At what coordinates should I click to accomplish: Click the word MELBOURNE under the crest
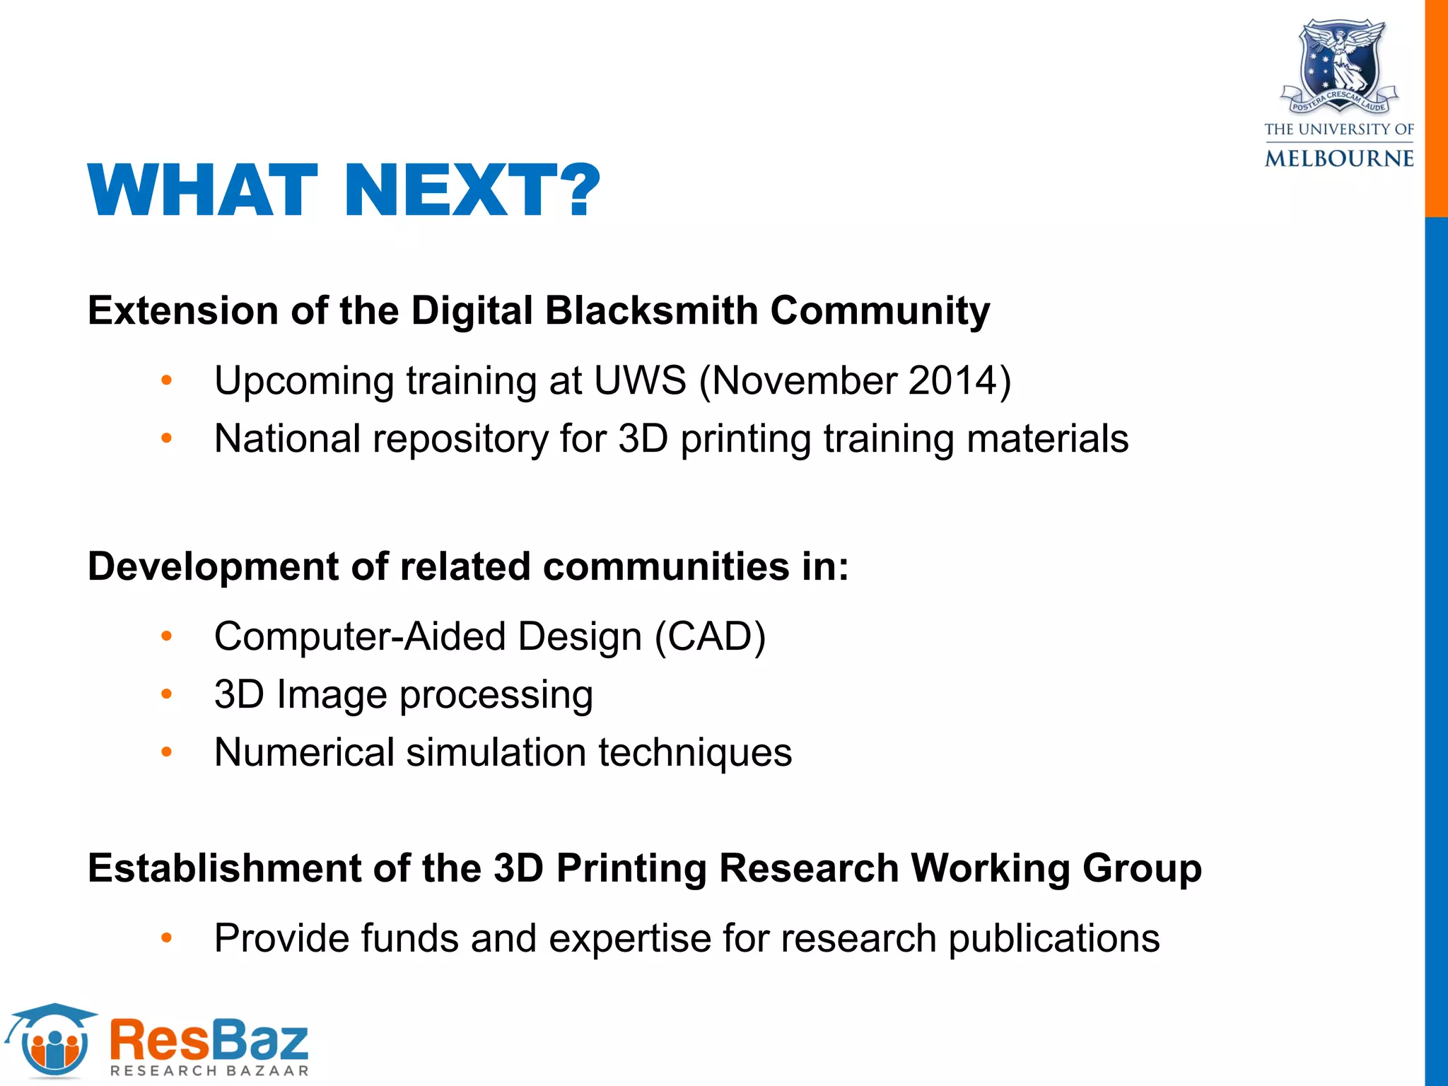click(1339, 158)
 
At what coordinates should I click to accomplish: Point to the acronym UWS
click(640, 380)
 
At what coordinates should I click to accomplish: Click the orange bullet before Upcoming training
click(166, 381)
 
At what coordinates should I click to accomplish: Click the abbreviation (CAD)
click(710, 636)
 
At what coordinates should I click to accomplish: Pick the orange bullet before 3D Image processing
click(166, 694)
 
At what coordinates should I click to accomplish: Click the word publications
click(1053, 939)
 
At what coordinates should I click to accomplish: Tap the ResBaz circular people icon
click(55, 1045)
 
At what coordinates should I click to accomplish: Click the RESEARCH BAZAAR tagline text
click(210, 1070)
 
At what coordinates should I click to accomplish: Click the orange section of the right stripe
click(1436, 106)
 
